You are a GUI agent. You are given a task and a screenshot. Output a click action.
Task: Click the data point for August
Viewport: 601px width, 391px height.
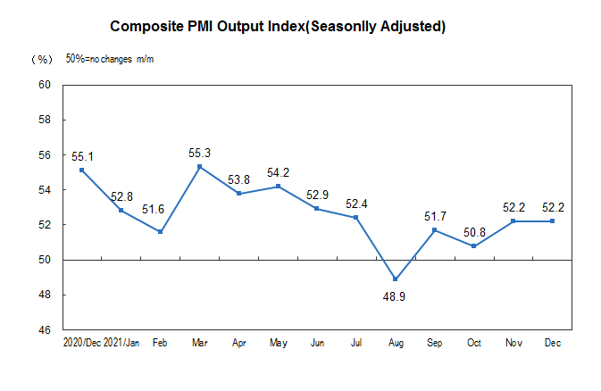pyautogui.click(x=395, y=279)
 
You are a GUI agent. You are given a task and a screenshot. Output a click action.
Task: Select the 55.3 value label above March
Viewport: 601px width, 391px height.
pyautogui.click(x=199, y=153)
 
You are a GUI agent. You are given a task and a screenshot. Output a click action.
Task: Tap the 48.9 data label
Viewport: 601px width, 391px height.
pyautogui.click(x=395, y=295)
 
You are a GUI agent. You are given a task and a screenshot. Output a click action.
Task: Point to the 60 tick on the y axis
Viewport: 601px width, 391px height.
pyautogui.click(x=44, y=86)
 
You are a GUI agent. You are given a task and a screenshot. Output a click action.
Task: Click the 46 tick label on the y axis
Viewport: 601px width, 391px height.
pyautogui.click(x=44, y=330)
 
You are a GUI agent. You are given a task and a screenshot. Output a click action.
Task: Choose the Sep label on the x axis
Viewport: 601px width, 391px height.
pyautogui.click(x=434, y=342)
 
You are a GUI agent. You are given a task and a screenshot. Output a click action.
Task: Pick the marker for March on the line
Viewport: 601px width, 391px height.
pyautogui.click(x=199, y=167)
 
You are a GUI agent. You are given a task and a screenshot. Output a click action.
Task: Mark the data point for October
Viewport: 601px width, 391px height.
pyautogui.click(x=473, y=246)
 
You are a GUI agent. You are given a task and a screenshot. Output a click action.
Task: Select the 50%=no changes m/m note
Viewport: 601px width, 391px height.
pyautogui.click(x=111, y=59)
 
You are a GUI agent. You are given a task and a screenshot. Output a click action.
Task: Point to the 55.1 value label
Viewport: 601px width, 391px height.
pyautogui.click(x=82, y=156)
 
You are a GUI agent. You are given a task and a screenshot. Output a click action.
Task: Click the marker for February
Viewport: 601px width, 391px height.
pyautogui.click(x=160, y=232)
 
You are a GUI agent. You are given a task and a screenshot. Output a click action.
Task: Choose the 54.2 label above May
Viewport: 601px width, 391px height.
pyautogui.click(x=278, y=172)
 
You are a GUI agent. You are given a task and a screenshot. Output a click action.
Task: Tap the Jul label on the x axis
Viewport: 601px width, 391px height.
pyautogui.click(x=355, y=342)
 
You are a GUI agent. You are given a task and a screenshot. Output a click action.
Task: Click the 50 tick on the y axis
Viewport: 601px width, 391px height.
pyautogui.click(x=44, y=260)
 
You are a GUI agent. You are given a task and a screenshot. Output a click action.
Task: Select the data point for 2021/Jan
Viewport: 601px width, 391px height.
pyautogui.click(x=121, y=211)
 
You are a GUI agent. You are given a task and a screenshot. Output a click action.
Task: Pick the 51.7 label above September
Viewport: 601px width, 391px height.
pyautogui.click(x=434, y=215)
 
